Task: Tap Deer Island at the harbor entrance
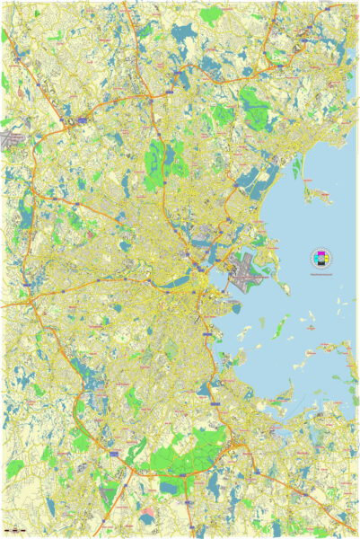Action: click(282, 289)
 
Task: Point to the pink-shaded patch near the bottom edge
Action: click(147, 519)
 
